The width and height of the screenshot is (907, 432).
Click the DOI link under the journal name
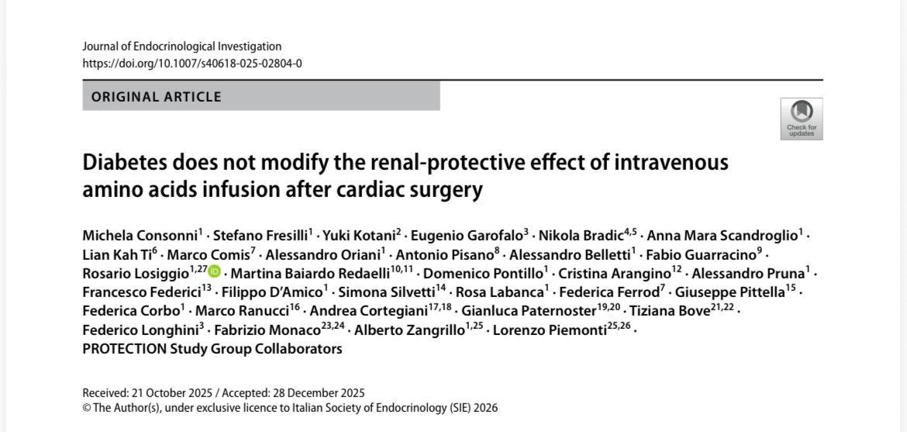click(192, 64)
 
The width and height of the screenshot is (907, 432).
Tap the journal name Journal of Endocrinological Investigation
click(182, 47)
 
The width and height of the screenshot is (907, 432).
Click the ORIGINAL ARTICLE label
click(157, 97)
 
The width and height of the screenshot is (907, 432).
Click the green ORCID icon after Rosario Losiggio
click(214, 272)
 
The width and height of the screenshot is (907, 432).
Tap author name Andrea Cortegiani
click(367, 311)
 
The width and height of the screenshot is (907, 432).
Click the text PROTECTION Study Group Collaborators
click(212, 349)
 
